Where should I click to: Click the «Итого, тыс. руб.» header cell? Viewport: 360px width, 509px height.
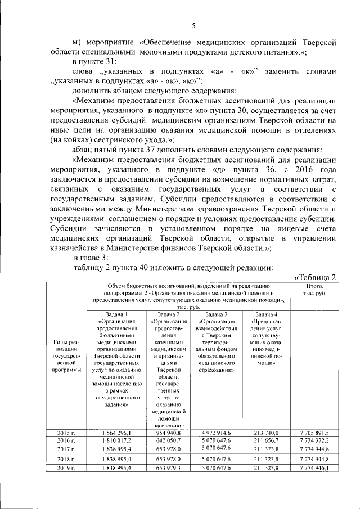(x=314, y=290)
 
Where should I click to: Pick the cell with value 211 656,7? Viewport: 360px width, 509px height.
(x=265, y=441)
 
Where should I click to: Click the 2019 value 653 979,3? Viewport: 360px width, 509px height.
(x=169, y=468)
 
